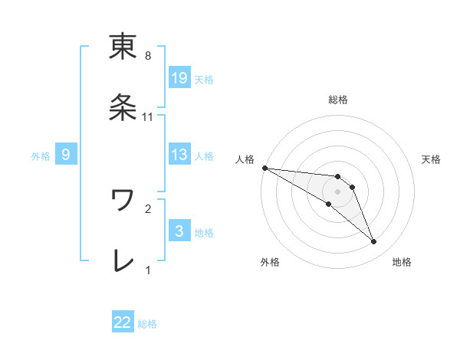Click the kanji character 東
pos(123,47)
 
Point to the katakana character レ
pos(123,260)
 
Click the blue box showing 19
pos(179,77)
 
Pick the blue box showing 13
pos(179,155)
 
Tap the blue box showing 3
pos(179,231)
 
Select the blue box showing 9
pos(66,155)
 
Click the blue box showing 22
pos(123,323)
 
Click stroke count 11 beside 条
pos(148,116)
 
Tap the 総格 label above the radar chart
pos(338,100)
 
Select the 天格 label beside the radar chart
pos(432,159)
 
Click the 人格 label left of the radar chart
pos(244,159)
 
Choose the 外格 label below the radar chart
pos(270,262)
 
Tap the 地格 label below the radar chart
pos(402,262)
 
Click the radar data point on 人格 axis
pos(264,168)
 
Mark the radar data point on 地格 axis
pos(373,242)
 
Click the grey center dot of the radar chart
pos(337,191)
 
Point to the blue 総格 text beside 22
pos(147,324)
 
